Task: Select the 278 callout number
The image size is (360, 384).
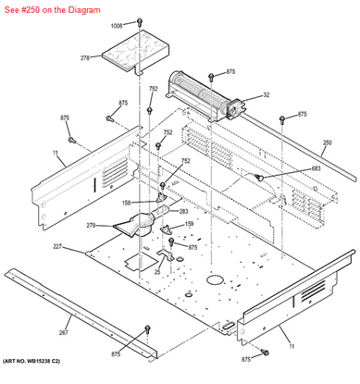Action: [x=84, y=58]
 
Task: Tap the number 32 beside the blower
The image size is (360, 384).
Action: [x=266, y=94]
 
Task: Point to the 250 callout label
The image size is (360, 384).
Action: [x=326, y=142]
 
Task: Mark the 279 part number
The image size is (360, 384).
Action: [x=91, y=225]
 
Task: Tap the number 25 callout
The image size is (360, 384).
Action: [x=157, y=272]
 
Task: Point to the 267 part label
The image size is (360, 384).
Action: [x=63, y=306]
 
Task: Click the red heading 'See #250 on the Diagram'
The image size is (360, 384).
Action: [x=61, y=8]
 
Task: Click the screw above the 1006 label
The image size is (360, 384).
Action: [x=139, y=19]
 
